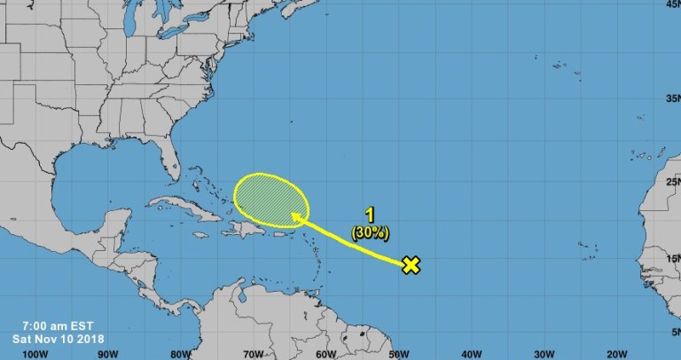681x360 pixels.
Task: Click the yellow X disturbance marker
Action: click(410, 264)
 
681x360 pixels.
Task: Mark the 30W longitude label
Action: click(544, 352)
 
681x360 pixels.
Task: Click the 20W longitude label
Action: click(616, 352)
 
